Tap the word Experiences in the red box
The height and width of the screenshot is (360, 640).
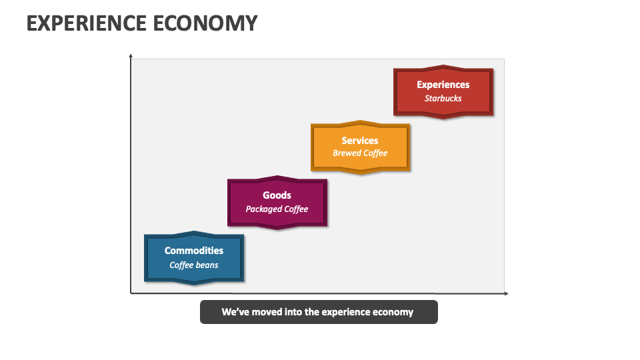click(443, 85)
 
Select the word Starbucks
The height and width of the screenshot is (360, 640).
click(443, 99)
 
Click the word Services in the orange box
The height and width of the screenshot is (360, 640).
click(360, 141)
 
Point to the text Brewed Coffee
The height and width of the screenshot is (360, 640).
click(360, 153)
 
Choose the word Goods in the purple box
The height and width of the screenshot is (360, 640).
click(277, 195)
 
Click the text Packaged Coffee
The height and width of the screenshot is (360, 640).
click(277, 209)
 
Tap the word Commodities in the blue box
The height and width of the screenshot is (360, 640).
click(194, 251)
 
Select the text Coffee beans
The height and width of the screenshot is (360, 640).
click(194, 265)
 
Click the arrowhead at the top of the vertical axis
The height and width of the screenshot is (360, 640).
click(131, 56)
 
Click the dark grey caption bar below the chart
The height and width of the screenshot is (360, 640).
click(319, 312)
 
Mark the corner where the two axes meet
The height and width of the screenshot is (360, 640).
click(131, 293)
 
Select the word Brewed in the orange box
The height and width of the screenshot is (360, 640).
click(347, 153)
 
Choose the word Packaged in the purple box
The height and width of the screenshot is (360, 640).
click(264, 209)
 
